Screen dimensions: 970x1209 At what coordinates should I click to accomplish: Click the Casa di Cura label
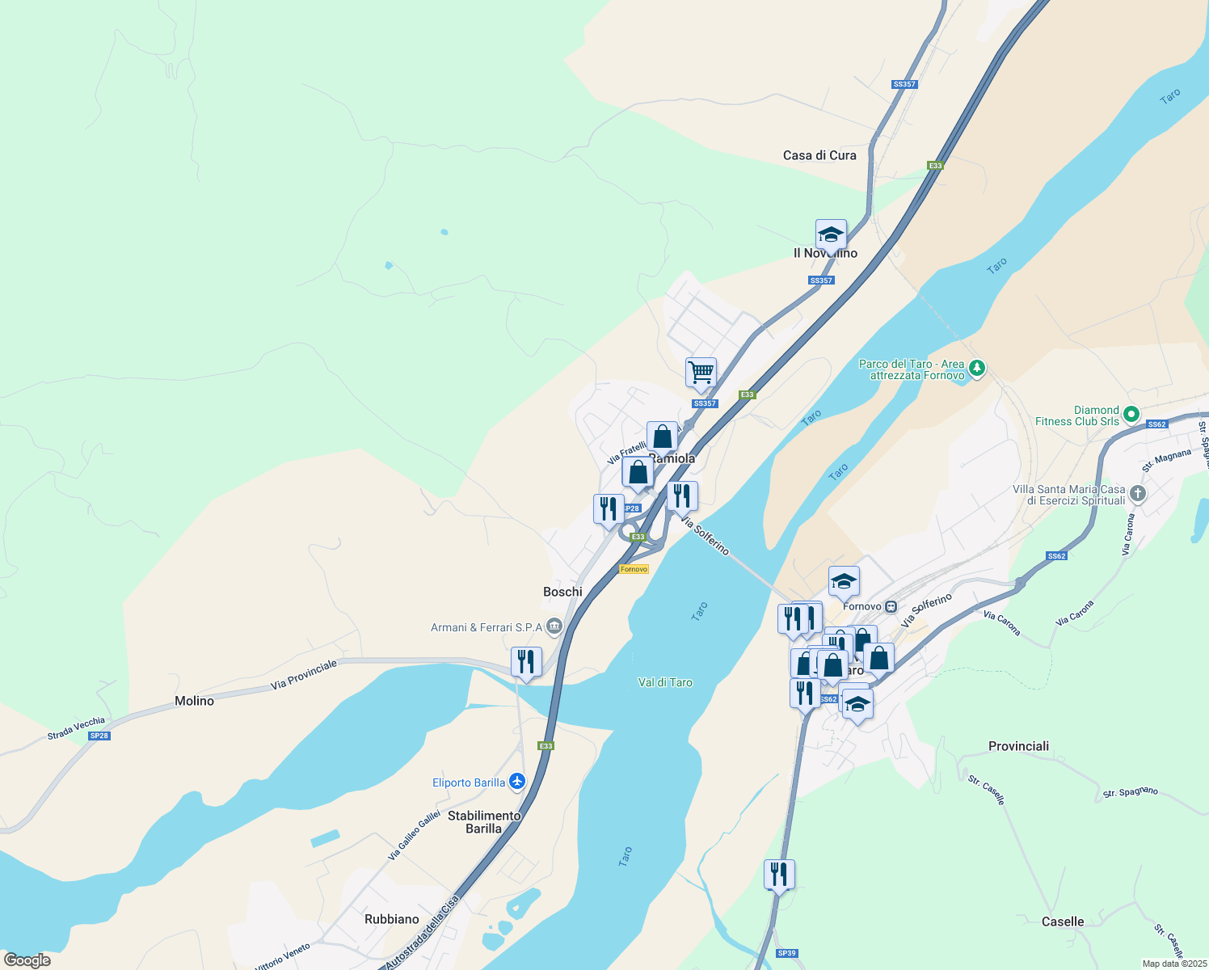pos(819,155)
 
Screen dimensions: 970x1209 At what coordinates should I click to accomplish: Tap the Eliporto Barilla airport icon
pos(517,782)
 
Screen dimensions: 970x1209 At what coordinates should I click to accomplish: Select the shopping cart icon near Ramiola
pos(701,373)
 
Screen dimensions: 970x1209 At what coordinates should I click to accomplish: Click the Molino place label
pos(194,701)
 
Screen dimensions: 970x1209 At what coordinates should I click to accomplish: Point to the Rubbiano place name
pos(391,919)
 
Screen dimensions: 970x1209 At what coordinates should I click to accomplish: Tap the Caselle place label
pos(1062,921)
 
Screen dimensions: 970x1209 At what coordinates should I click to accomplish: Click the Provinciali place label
pos(1018,746)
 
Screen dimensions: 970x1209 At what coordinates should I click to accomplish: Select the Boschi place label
pos(562,592)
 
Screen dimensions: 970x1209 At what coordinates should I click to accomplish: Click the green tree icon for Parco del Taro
pos(977,369)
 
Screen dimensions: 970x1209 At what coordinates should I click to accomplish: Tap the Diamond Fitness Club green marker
pos(1131,415)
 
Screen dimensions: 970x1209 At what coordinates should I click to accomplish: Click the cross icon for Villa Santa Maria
pos(1137,493)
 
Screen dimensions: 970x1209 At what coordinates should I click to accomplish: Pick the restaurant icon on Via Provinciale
pos(526,661)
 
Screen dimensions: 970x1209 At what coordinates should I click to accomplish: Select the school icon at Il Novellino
pos(831,234)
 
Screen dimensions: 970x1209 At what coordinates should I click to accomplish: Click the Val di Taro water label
pos(665,682)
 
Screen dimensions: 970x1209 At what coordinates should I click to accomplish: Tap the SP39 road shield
pos(786,953)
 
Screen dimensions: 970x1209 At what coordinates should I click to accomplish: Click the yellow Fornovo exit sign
pos(634,569)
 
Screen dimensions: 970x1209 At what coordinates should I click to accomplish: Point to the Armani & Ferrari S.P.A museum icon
pos(554,626)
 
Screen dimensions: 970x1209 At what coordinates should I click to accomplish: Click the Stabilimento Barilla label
pos(484,822)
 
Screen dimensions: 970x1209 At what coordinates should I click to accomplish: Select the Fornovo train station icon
pos(891,606)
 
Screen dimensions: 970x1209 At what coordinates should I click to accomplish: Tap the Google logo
pos(27,960)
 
